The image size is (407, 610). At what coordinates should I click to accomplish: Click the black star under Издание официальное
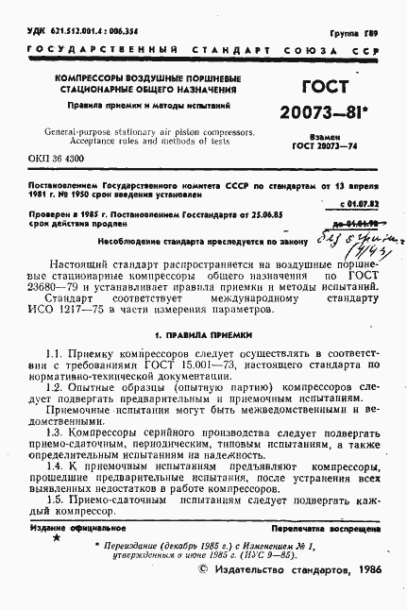(x=55, y=536)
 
